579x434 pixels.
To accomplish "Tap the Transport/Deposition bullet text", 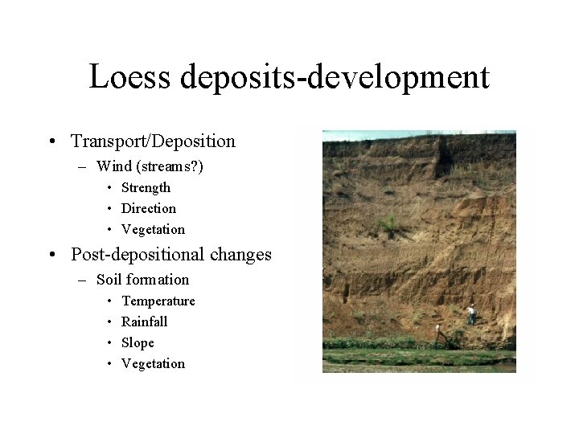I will point(153,141).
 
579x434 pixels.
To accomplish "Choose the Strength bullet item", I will point(146,187).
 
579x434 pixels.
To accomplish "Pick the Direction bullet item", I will point(148,208).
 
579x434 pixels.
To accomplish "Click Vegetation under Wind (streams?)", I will point(153,229).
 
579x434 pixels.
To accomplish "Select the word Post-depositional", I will point(138,255).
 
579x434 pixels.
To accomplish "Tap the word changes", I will point(240,255).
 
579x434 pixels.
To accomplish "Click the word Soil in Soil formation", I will point(109,280).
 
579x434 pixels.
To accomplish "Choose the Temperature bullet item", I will point(158,301).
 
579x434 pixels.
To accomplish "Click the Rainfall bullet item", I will point(144,321).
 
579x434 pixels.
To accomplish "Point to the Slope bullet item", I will point(138,342).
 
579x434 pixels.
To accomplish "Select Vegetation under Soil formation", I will point(153,363).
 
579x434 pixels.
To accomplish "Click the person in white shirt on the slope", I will point(470,313).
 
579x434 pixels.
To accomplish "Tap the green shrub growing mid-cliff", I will point(391,223).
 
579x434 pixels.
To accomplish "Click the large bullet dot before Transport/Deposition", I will point(51,142).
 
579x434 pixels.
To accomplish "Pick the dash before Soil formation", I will point(82,280).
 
